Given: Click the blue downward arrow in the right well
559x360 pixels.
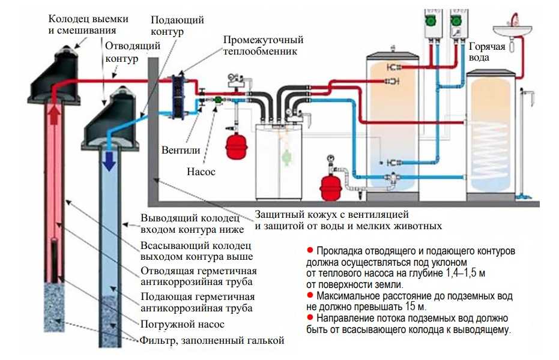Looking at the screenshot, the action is (109, 161).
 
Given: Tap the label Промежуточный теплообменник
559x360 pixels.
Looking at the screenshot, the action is (263, 45).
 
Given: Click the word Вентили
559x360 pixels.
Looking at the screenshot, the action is (181, 150).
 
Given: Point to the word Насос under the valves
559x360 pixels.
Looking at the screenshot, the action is (201, 172).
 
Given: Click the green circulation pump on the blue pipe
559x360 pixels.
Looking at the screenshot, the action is (217, 100).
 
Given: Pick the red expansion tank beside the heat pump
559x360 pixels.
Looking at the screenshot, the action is (234, 145).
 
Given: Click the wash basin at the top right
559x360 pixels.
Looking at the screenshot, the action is (512, 31).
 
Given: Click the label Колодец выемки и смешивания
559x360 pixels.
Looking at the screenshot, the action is (88, 24).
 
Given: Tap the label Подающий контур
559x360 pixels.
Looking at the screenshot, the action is (177, 26).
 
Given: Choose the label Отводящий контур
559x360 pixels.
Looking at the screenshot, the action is (133, 52).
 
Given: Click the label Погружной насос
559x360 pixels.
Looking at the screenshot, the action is (182, 325).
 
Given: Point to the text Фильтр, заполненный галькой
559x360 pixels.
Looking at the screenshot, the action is (212, 341).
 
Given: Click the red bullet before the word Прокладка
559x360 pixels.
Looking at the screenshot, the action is (310, 250).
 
